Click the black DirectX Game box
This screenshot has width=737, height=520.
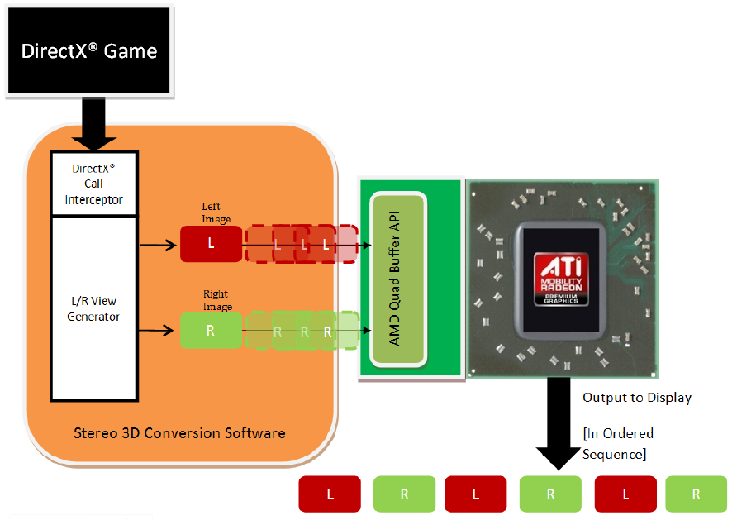pyautogui.click(x=88, y=50)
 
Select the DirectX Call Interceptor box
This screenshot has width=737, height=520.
pyautogui.click(x=94, y=183)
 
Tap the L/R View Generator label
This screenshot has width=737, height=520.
pyautogui.click(x=94, y=309)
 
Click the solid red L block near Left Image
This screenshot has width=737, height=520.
pyautogui.click(x=211, y=244)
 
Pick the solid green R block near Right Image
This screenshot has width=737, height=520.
pyautogui.click(x=211, y=330)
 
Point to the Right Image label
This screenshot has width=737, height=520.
pyautogui.click(x=216, y=300)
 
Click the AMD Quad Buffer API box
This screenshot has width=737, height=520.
pyautogui.click(x=398, y=280)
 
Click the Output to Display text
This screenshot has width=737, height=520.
pyautogui.click(x=636, y=398)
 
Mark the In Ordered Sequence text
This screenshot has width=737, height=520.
pyautogui.click(x=617, y=443)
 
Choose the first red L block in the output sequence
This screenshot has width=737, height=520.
pyautogui.click(x=330, y=494)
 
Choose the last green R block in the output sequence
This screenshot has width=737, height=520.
pyautogui.click(x=696, y=494)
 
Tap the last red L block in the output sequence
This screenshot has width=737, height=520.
pyautogui.click(x=625, y=494)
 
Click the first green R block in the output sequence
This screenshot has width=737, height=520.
pyautogui.click(x=404, y=494)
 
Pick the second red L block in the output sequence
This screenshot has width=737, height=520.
pyautogui.click(x=476, y=494)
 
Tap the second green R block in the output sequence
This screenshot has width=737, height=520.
pyautogui.click(x=550, y=494)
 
